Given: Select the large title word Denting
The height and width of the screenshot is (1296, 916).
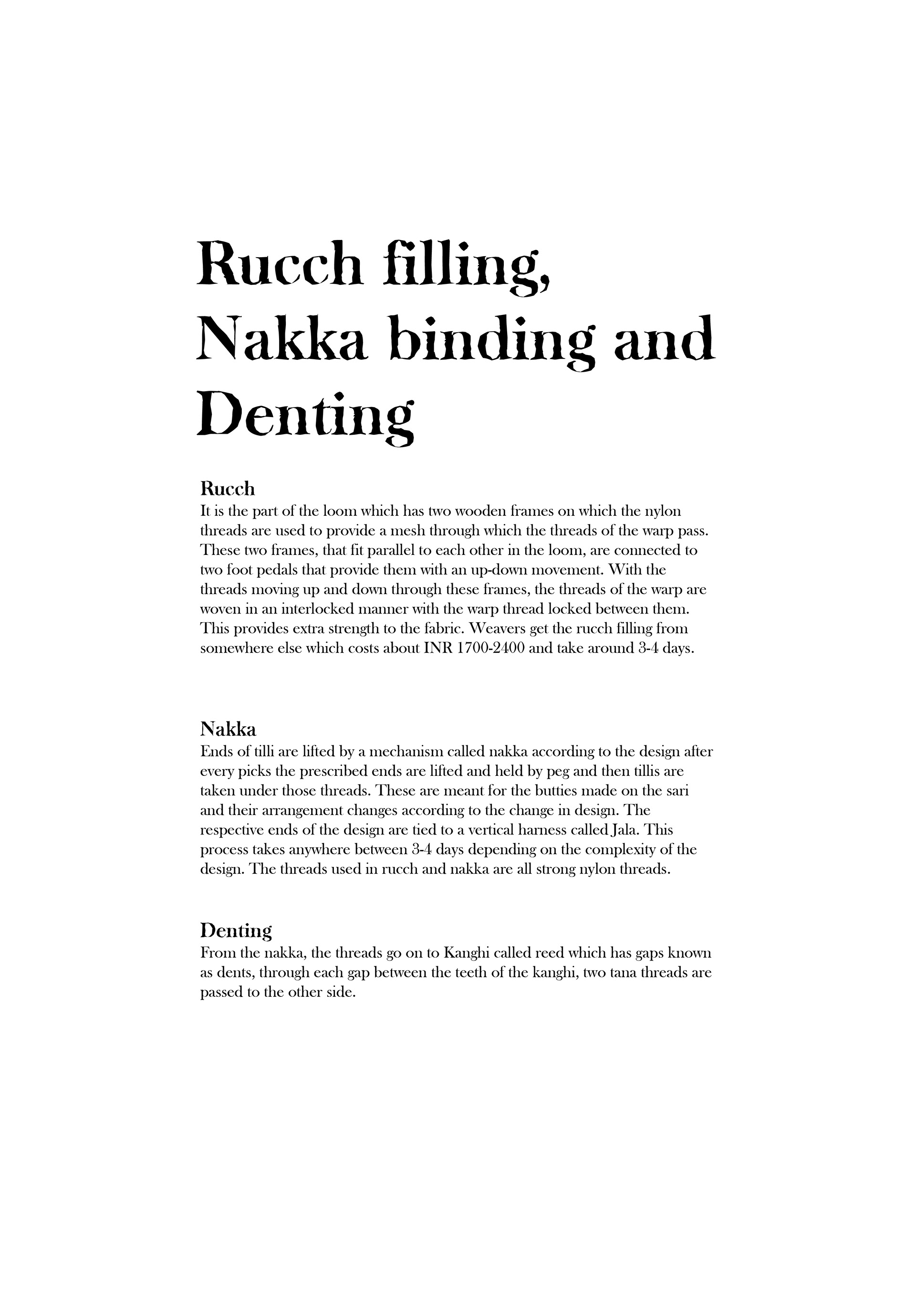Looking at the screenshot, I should click(x=305, y=419).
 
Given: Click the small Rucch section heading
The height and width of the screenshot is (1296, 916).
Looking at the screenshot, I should click(x=228, y=488).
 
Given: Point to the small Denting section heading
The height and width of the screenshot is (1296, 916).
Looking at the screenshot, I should click(x=236, y=930).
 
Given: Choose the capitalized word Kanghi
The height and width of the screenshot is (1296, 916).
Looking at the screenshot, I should click(x=467, y=953).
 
